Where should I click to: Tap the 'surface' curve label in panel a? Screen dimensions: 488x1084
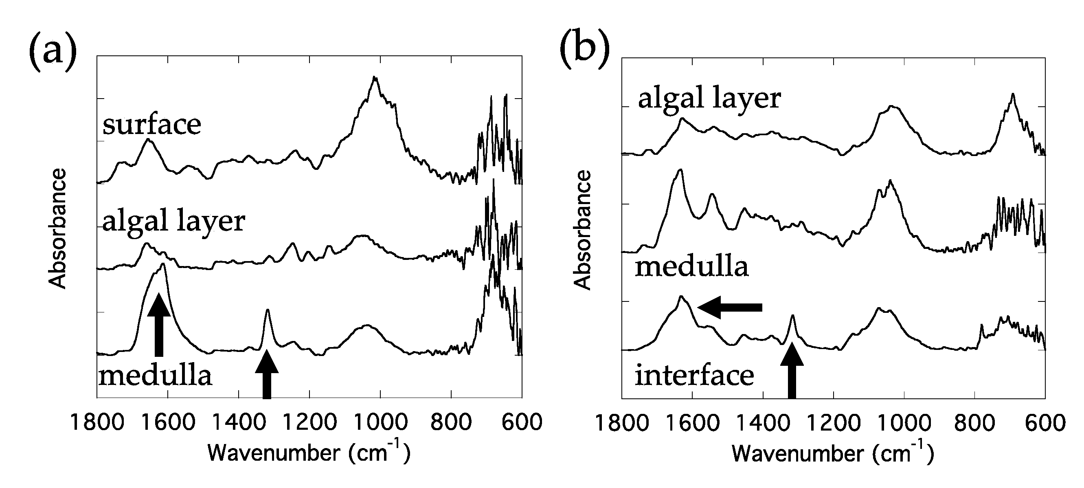151,125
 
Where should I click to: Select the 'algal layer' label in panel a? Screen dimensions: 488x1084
173,222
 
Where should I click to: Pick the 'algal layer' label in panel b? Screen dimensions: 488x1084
709,99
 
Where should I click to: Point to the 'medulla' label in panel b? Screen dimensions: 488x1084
691,267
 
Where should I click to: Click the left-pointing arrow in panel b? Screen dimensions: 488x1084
730,308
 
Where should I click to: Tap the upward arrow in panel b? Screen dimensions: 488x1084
792,371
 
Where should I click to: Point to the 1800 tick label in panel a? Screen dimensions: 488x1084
97,422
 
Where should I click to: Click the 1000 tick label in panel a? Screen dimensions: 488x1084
380,422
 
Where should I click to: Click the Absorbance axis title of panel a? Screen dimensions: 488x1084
58,228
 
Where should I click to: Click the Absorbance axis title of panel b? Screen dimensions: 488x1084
583,230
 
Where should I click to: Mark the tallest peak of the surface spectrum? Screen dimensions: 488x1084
375,78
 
